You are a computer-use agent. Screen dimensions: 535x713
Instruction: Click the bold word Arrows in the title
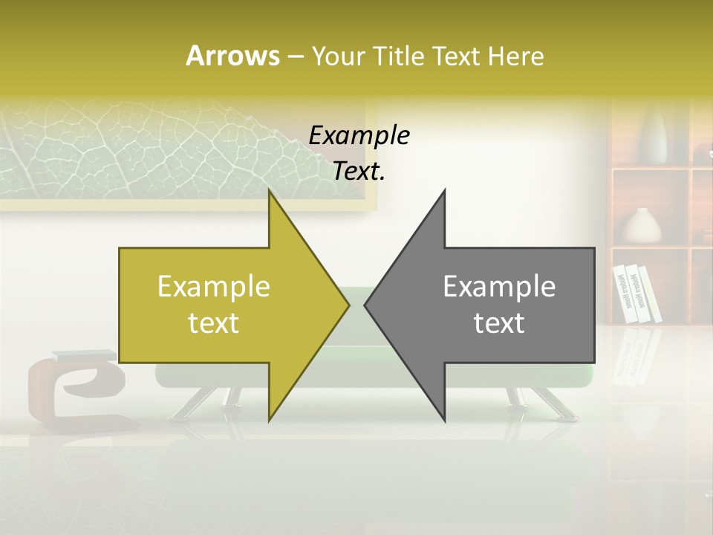pos(232,56)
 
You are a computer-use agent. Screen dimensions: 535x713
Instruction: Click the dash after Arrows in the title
pos(295,56)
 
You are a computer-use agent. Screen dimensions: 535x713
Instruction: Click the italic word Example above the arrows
pos(359,136)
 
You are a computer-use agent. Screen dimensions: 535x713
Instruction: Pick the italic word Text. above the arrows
pos(359,172)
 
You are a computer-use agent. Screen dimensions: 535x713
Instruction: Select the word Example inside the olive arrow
pos(214,287)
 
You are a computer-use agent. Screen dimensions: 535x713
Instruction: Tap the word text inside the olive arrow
pos(214,323)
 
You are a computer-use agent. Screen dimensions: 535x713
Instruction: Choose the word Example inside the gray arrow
pos(499,287)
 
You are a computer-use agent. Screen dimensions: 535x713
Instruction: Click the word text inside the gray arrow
pos(499,323)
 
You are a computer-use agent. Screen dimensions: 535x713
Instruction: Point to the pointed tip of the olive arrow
pos(348,305)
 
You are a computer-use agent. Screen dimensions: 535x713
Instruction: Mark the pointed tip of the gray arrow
pos(366,305)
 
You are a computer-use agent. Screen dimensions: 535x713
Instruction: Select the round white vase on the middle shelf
pos(641,226)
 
